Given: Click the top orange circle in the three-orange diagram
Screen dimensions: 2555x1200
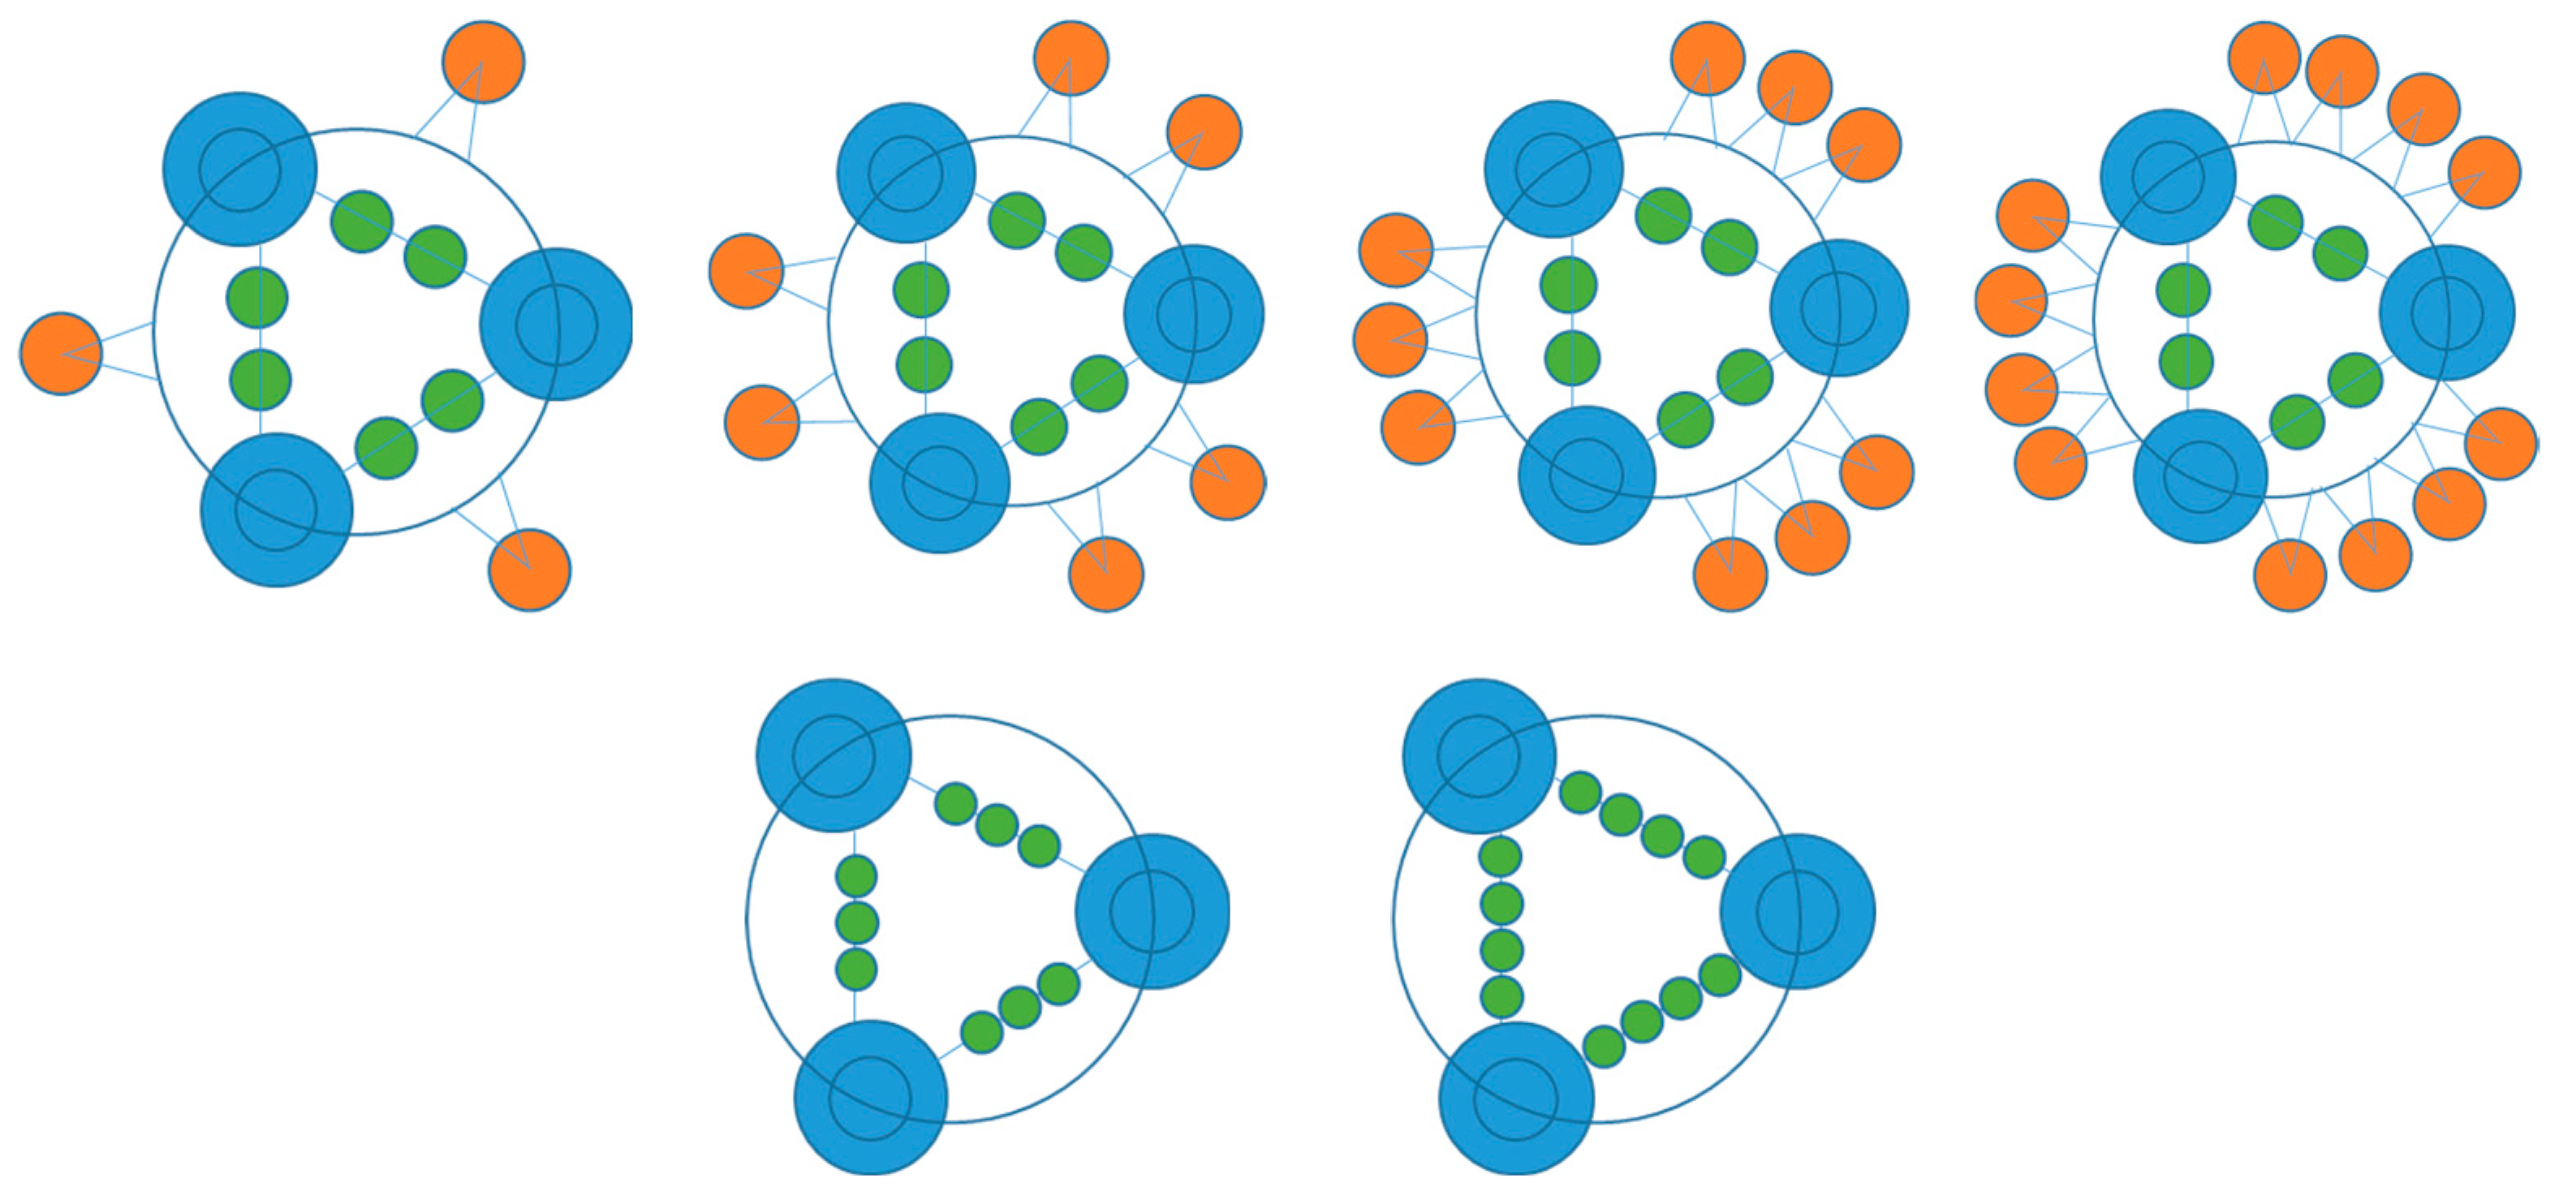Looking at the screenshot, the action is [x=483, y=62].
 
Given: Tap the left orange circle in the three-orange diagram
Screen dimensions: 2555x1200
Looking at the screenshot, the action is [x=61, y=354].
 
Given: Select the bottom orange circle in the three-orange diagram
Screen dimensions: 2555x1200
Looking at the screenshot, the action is [x=530, y=570].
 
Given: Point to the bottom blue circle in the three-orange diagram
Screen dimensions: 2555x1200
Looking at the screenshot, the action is [x=277, y=510].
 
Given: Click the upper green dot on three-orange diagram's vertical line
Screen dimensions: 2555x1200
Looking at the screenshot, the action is [x=257, y=298].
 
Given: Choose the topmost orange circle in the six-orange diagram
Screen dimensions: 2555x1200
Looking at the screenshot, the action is [x=1071, y=58].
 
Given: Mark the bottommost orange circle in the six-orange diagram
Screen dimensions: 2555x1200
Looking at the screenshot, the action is [x=1106, y=574].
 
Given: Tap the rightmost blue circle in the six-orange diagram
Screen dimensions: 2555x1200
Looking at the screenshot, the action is [x=1194, y=314].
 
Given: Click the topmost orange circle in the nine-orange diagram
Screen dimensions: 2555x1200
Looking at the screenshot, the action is [x=1707, y=58].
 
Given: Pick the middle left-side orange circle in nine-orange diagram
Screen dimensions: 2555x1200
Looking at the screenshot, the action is [x=1390, y=339].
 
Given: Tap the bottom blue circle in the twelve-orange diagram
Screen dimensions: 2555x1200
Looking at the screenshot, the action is [x=2200, y=476].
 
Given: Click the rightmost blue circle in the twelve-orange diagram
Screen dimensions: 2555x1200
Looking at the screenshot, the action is [x=2447, y=312].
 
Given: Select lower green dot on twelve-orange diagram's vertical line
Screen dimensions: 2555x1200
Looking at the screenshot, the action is [x=2186, y=361].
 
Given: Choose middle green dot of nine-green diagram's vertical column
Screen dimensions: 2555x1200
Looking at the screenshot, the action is [x=857, y=923].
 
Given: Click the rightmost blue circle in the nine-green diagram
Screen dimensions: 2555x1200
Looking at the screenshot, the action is [x=1153, y=911].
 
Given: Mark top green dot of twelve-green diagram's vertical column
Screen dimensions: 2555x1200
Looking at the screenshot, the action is [x=1500, y=857].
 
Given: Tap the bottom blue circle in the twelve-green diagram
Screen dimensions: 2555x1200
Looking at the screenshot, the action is [x=1515, y=1099].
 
